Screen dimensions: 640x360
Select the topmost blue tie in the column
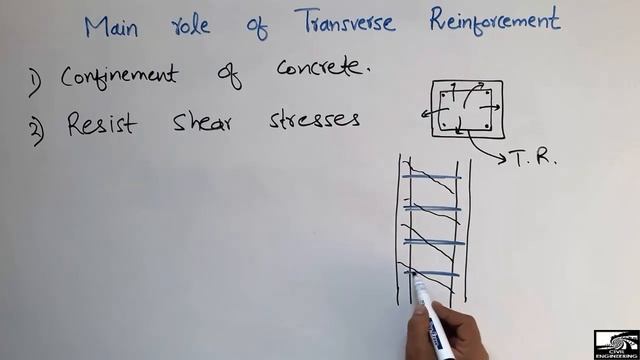click(x=432, y=177)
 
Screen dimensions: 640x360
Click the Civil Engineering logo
click(x=614, y=343)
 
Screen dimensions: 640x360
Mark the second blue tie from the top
click(x=433, y=208)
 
